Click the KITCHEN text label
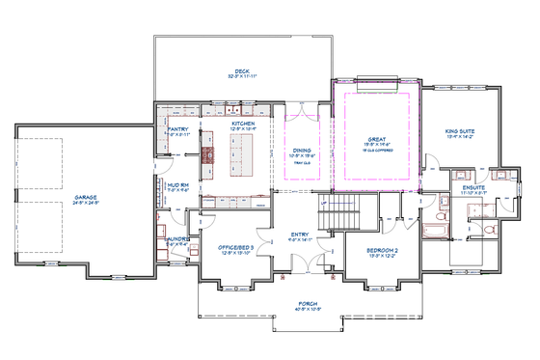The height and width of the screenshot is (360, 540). coord(242,124)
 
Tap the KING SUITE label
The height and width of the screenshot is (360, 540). coord(460,131)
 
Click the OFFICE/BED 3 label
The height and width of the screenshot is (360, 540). coord(235,248)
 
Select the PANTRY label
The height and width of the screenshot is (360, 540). coord(177,128)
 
